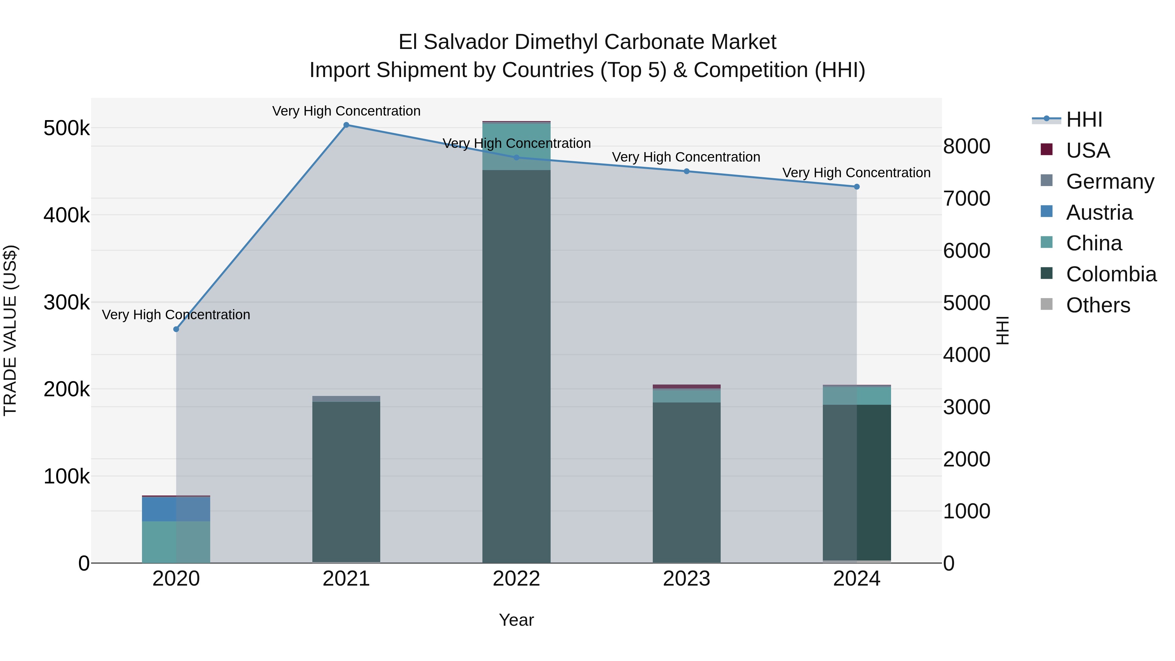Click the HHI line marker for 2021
346,125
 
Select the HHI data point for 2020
176,329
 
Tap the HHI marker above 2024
857,187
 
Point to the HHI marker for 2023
686,171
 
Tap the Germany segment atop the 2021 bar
346,399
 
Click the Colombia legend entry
1111,274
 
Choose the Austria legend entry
1099,212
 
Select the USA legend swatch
1047,150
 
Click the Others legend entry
1098,305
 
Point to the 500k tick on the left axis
67,128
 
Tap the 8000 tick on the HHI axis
966,147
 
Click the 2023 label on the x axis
686,579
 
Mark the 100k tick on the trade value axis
67,476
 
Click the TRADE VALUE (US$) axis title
10,330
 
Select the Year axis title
516,620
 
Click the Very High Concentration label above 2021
346,111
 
